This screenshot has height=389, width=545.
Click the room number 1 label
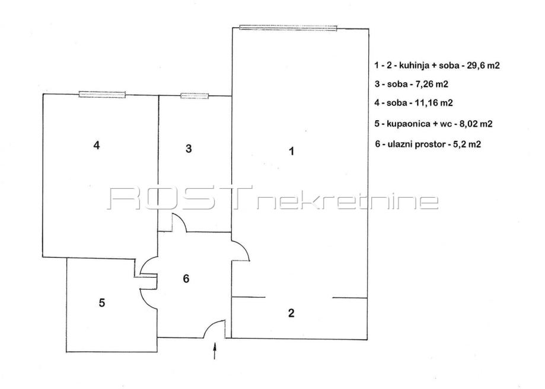coord(291,151)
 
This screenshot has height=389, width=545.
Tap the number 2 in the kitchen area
coord(291,313)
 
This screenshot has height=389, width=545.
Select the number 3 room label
coord(189,149)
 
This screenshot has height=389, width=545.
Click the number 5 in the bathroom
coord(102,303)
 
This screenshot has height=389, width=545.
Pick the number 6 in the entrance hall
coord(186,278)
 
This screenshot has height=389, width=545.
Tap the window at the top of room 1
coord(288,27)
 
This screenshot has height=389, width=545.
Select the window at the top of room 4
coord(102,94)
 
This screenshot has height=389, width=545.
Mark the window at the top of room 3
coord(195,95)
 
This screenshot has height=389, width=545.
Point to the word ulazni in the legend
coord(397,143)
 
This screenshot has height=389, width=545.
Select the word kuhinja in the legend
coord(405,66)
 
